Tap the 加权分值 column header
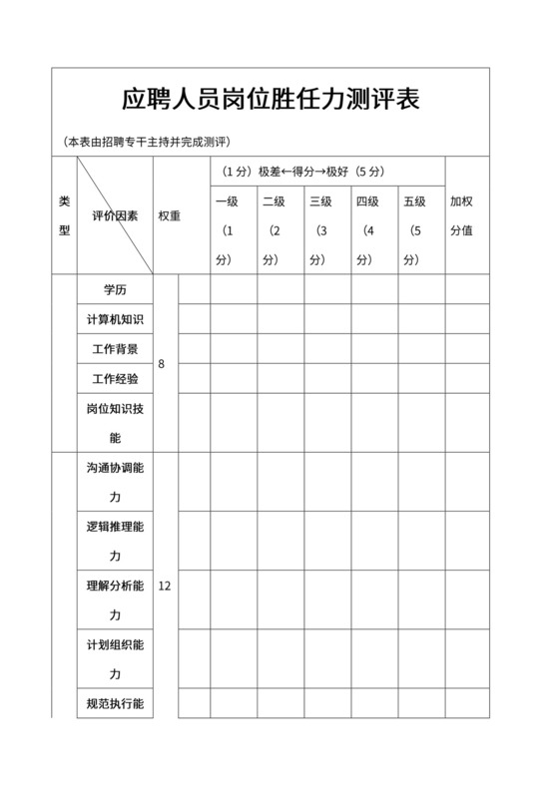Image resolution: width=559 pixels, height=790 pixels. point(461,215)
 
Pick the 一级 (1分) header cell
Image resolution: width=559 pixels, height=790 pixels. point(227,230)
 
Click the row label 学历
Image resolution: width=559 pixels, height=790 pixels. point(115,289)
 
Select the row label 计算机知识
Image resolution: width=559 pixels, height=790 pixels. point(115,319)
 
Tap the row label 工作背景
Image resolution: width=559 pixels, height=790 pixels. point(115,349)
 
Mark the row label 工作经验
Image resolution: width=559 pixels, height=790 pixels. point(115,379)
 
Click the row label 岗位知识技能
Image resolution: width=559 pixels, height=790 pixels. point(115,423)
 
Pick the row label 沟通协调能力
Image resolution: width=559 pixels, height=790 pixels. point(115,483)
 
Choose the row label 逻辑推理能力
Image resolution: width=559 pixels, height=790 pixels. point(115,541)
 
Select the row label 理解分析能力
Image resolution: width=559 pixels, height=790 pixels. point(115,599)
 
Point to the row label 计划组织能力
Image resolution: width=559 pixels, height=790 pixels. point(115,658)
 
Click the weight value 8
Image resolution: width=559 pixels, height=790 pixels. point(162,364)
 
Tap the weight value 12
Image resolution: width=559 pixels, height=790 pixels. point(165,586)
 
